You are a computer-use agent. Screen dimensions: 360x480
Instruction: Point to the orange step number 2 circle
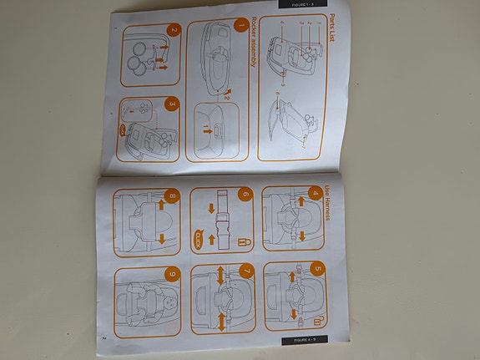[x=173, y=32]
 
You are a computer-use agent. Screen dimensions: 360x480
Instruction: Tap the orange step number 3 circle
[x=173, y=104]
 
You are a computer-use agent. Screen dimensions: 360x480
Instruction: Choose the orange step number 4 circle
[x=314, y=192]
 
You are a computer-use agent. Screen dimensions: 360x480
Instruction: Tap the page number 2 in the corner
[x=103, y=337]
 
